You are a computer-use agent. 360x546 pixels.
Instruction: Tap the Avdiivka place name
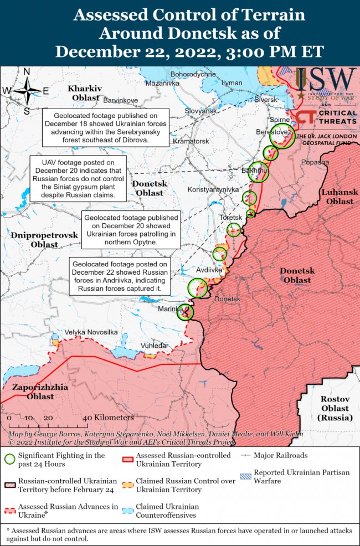[x=209, y=270]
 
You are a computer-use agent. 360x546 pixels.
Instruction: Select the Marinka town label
[x=170, y=308]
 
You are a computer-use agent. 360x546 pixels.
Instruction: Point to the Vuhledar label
[x=154, y=345]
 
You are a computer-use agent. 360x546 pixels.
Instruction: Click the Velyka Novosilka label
[x=91, y=332]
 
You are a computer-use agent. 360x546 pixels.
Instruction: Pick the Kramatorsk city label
[x=191, y=141]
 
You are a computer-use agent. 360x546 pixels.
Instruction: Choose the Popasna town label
[x=316, y=162]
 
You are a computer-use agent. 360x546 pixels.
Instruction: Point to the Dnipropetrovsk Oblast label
[x=44, y=240]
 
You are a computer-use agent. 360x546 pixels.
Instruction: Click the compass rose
[x=26, y=91]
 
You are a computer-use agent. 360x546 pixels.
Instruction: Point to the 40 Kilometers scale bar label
[x=107, y=417]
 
